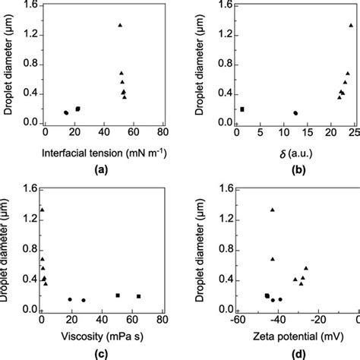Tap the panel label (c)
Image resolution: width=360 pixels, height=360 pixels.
(x=99, y=353)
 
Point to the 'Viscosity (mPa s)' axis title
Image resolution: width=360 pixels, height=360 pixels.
(x=99, y=333)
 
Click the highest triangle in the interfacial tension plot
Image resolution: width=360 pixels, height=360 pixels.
(x=120, y=25)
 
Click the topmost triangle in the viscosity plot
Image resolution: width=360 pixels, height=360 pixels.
(x=43, y=210)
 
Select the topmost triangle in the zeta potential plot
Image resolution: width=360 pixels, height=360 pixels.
(x=273, y=210)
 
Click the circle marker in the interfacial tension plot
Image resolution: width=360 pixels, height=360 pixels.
(x=66, y=112)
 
